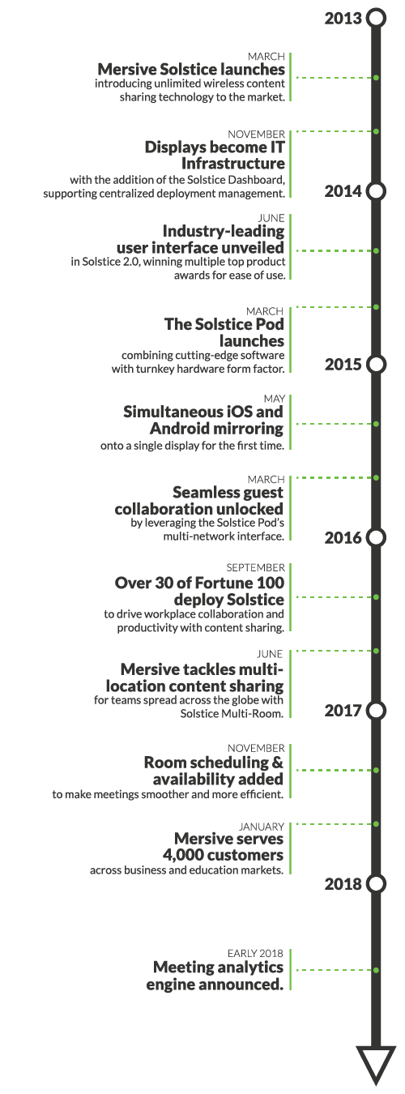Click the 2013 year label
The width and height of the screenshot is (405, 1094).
(343, 19)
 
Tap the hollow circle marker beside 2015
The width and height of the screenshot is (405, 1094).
(376, 365)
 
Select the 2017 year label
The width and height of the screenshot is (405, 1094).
(343, 711)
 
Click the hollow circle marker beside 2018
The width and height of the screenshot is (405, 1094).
(376, 884)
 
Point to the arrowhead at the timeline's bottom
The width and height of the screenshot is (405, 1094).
(376, 1069)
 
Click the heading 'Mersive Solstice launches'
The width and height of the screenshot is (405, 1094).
(191, 70)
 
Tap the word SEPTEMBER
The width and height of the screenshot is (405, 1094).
(255, 567)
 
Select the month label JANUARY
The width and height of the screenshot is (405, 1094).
(261, 827)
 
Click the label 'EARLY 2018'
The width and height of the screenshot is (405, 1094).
(255, 953)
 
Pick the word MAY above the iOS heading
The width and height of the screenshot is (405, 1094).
(275, 399)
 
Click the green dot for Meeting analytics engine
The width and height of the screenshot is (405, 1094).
(376, 970)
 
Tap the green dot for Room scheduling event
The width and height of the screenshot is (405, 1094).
(376, 770)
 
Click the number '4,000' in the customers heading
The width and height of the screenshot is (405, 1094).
(184, 855)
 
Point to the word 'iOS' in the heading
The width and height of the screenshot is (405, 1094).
(237, 412)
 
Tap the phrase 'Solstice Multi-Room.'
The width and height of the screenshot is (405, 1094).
(232, 714)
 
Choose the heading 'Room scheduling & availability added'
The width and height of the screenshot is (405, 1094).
(213, 771)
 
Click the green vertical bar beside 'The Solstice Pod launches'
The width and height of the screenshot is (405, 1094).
(290, 340)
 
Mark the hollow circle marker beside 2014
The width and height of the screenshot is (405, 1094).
(376, 191)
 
